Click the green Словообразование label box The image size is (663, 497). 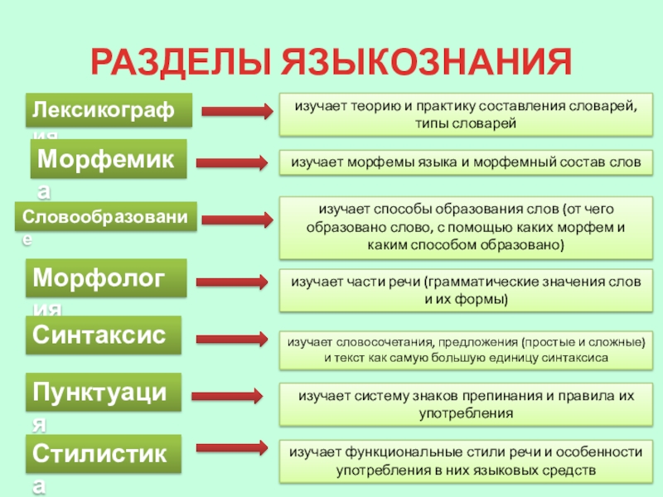[106, 217]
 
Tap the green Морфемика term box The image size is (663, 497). [109, 159]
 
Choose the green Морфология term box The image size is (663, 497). [108, 278]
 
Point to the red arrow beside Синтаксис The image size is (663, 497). [235, 338]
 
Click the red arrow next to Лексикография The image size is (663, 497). [235, 111]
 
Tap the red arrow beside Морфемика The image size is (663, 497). [235, 162]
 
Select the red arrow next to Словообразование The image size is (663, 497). [235, 220]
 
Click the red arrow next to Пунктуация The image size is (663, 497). [235, 395]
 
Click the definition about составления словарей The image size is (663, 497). [465, 114]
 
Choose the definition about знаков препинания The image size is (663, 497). [465, 403]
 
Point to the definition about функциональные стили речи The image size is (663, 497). [465, 461]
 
